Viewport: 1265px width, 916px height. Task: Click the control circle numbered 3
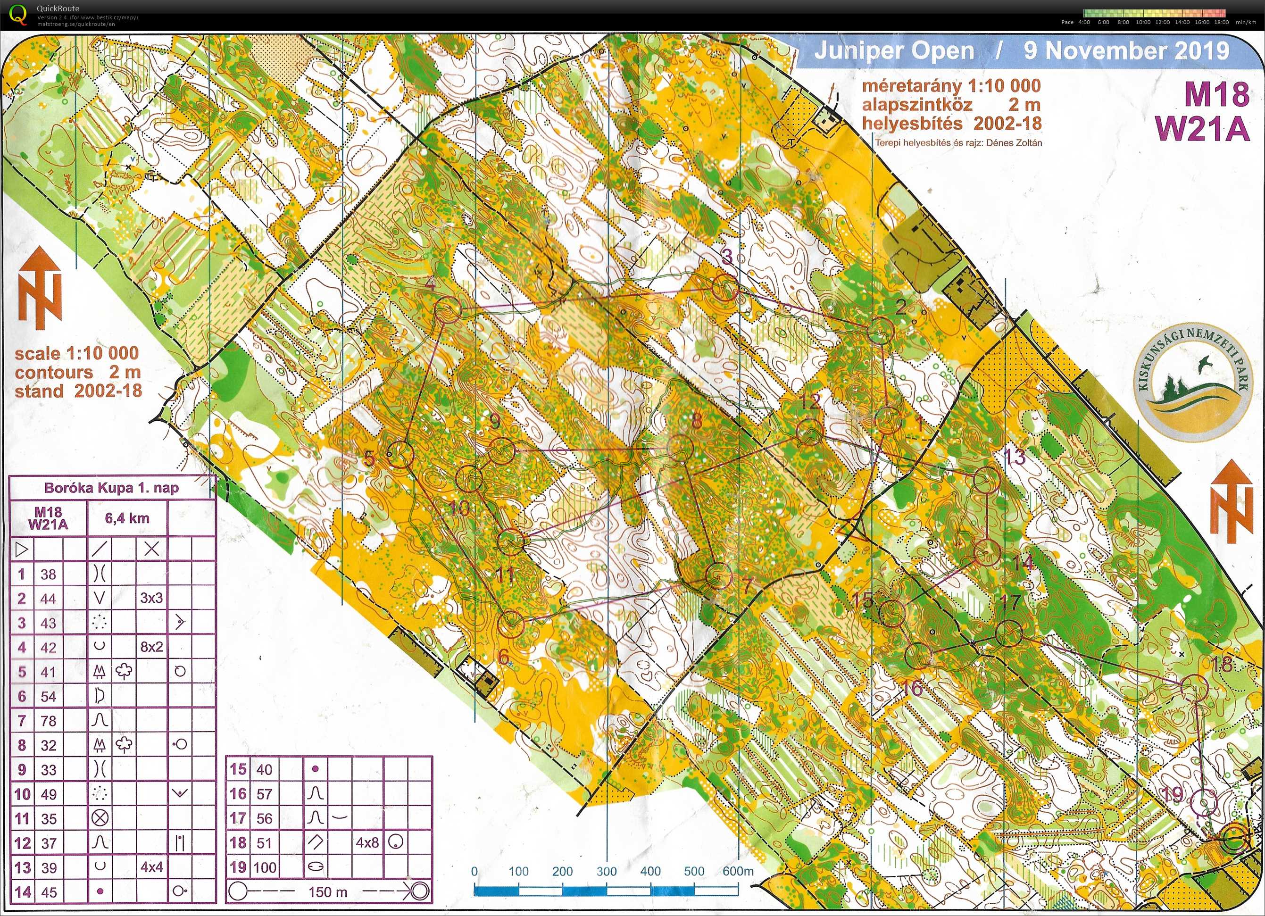[x=725, y=288]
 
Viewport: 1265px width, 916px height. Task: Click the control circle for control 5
[x=400, y=454]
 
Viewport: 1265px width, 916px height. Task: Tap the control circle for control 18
[x=1195, y=687]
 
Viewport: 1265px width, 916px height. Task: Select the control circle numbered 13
[x=987, y=480]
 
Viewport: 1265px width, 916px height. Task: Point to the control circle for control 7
[x=718, y=575]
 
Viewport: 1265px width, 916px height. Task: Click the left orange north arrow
[x=40, y=289]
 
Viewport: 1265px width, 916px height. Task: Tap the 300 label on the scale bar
[x=606, y=871]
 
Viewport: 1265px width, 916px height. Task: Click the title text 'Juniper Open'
[x=894, y=51]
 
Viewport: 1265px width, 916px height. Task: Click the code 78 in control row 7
[x=49, y=721]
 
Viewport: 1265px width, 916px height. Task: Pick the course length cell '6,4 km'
[x=127, y=518]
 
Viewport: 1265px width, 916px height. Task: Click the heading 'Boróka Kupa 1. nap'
[x=112, y=488]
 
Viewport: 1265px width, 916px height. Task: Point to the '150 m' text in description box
[x=327, y=892]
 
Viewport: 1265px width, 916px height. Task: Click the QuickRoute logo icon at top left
[x=18, y=15]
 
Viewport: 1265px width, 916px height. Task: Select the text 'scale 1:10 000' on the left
[x=77, y=353]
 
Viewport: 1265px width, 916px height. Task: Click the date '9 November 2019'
[x=1126, y=51]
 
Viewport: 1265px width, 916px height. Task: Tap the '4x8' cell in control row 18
[x=367, y=842]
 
